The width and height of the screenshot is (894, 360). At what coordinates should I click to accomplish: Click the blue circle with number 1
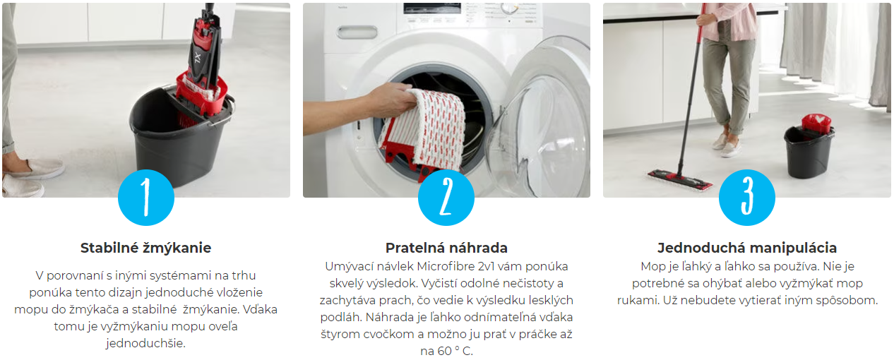[x=146, y=198]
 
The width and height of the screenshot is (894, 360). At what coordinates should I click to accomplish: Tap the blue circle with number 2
[x=446, y=198]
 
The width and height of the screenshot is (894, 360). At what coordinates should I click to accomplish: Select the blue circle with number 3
[x=746, y=198]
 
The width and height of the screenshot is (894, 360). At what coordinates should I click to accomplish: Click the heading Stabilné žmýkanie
[x=145, y=248]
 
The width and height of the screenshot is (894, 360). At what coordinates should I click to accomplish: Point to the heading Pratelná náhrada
[x=446, y=248]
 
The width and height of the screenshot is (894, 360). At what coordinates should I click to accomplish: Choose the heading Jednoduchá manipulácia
[x=746, y=248]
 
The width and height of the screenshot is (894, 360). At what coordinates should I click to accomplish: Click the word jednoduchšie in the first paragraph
[x=145, y=343]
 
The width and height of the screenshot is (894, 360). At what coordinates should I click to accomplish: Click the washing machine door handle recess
[x=357, y=32]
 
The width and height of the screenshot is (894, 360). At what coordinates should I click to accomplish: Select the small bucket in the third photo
[x=809, y=150]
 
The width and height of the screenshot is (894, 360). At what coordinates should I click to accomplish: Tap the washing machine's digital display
[x=432, y=8]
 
